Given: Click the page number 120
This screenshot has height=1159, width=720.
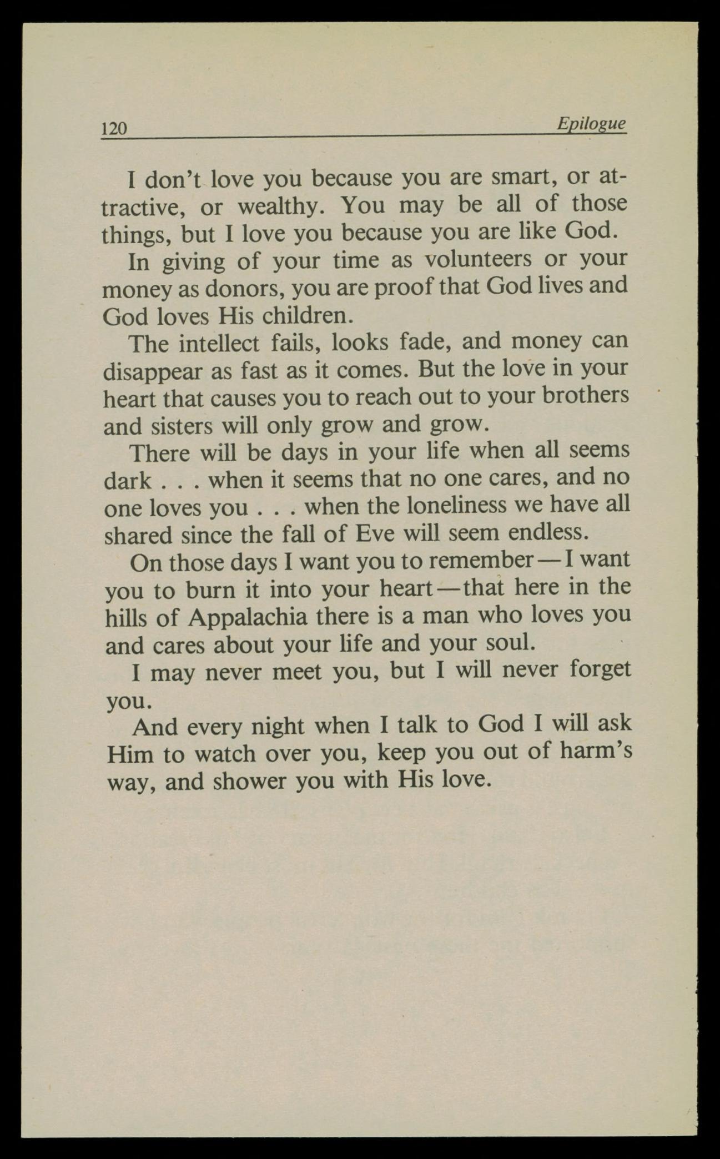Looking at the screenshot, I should coord(115,129).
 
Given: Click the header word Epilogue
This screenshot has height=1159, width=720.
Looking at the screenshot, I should coord(592,123).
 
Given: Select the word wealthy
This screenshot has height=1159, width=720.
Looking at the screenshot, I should coord(279,206).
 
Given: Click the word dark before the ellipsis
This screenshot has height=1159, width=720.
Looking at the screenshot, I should coord(127,480).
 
